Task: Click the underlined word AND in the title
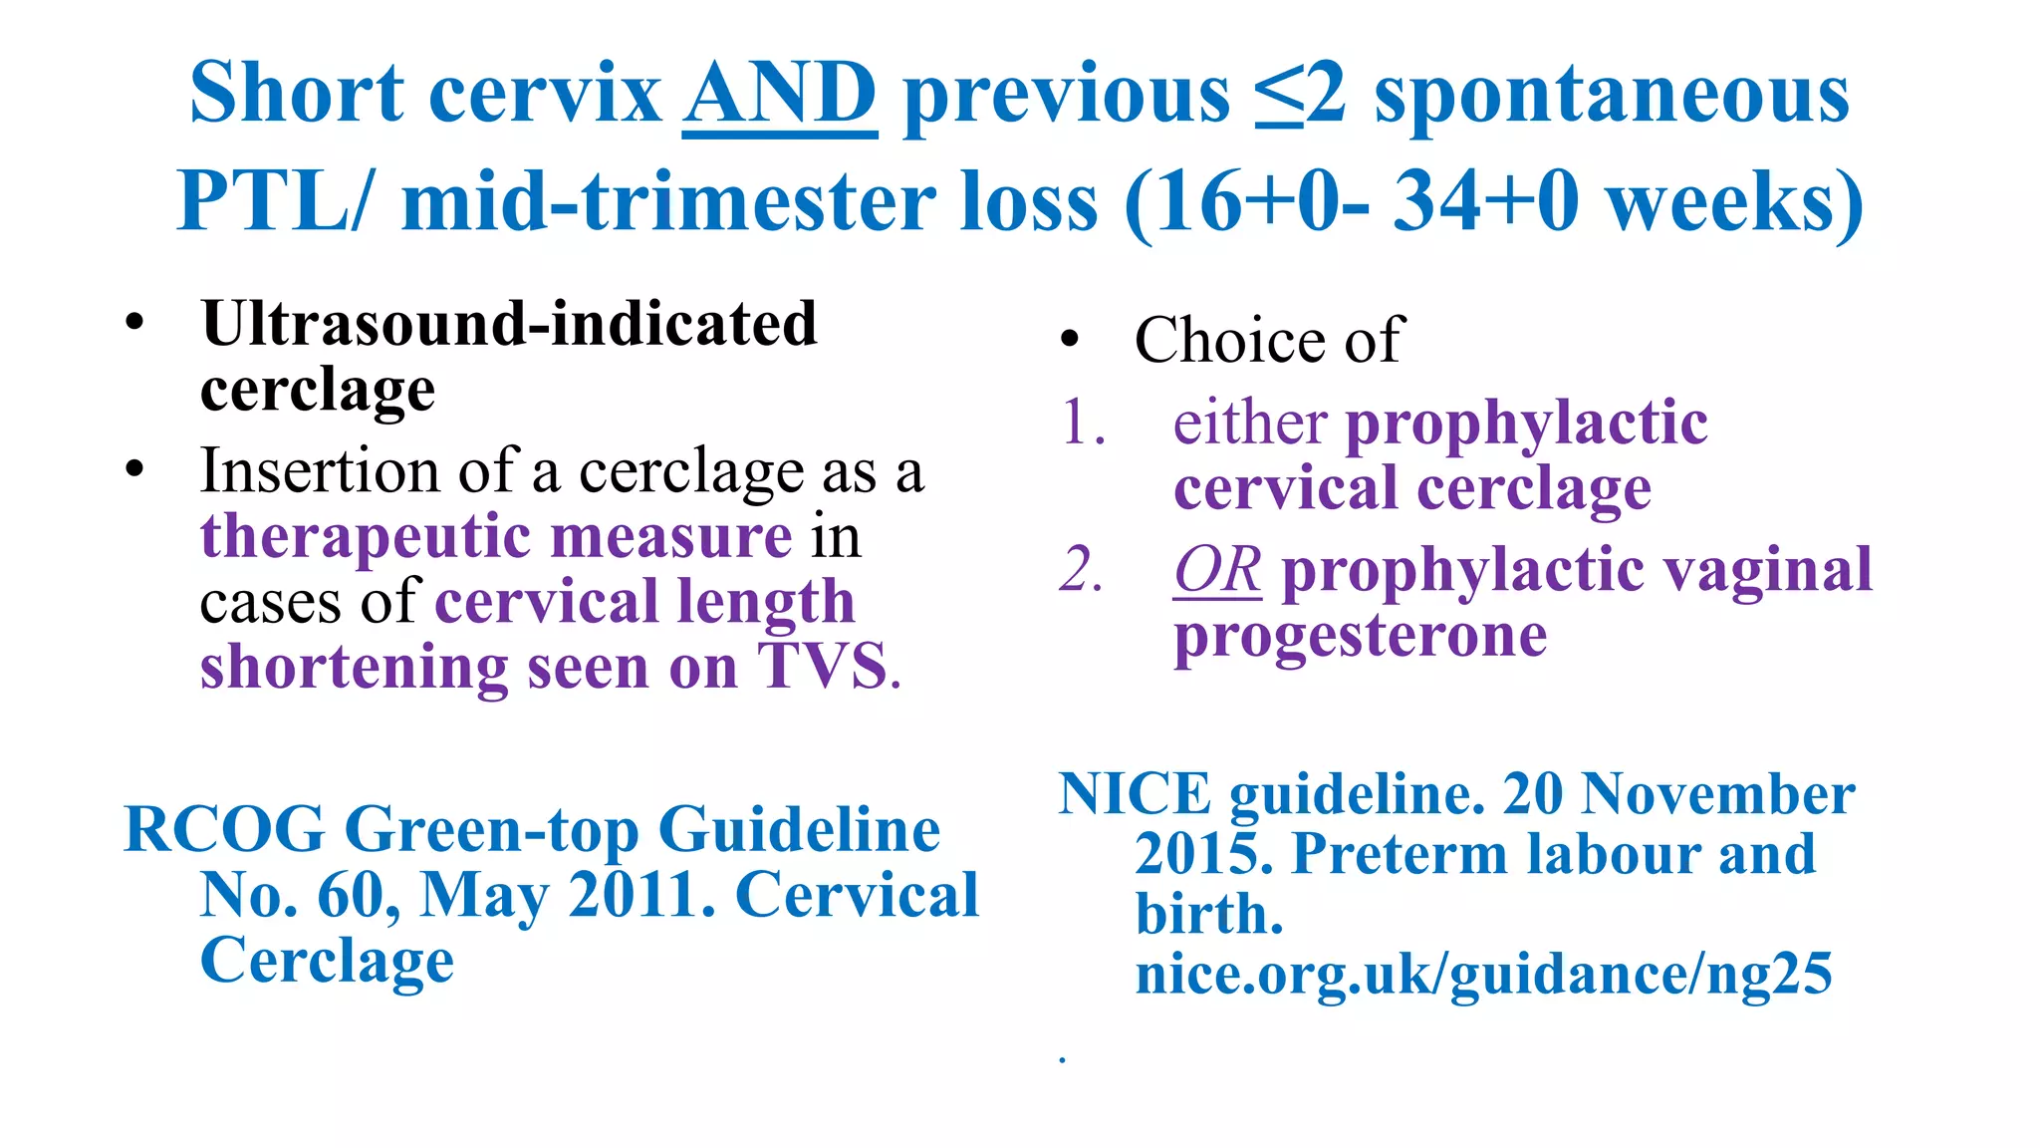(779, 95)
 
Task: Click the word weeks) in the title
(1734, 202)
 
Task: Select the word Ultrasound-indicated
(508, 325)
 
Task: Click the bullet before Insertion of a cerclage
(135, 468)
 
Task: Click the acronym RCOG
(224, 829)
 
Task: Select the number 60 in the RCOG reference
(350, 895)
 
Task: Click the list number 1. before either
(1083, 423)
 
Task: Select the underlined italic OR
(1216, 571)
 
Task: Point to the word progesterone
(1360, 636)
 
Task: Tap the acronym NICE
(1134, 795)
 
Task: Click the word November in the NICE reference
(1717, 795)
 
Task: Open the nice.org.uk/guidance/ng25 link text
(1482, 975)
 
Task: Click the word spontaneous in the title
(1611, 95)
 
